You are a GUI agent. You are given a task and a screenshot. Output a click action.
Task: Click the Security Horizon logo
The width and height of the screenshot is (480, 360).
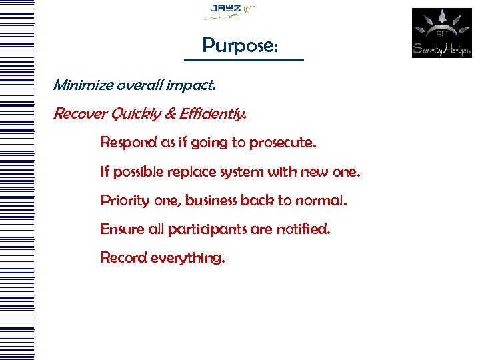click(441, 33)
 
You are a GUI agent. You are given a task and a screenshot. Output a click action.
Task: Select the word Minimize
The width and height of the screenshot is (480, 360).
click(81, 85)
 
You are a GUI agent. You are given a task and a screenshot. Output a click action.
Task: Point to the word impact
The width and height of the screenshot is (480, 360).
click(193, 85)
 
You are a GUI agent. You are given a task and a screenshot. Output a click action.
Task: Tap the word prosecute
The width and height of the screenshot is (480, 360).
click(289, 143)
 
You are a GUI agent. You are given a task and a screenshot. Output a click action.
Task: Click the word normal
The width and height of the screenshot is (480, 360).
click(323, 200)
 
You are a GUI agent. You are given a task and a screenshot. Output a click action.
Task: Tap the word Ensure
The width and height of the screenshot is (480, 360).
click(119, 229)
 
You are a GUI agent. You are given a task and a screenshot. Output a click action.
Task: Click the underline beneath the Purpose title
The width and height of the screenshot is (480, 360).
click(243, 61)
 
